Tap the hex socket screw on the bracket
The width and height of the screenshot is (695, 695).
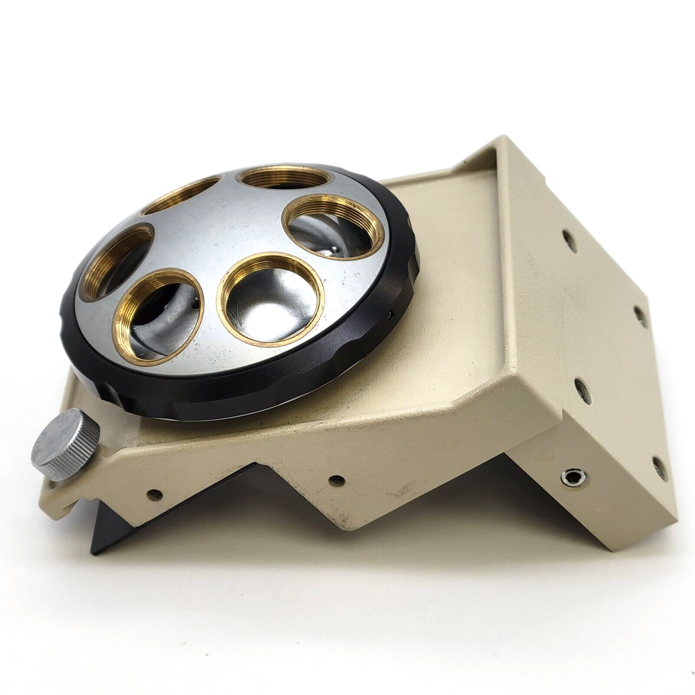[573, 477]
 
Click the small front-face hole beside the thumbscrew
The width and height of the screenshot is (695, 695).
[154, 495]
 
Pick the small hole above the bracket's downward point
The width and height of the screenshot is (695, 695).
[336, 480]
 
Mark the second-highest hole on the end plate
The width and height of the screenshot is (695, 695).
[640, 316]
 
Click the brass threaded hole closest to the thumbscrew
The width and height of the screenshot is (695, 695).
[158, 316]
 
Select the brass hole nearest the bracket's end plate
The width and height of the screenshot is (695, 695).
[333, 227]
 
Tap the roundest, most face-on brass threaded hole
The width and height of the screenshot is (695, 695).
[270, 299]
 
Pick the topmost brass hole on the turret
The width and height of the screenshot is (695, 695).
[284, 177]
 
